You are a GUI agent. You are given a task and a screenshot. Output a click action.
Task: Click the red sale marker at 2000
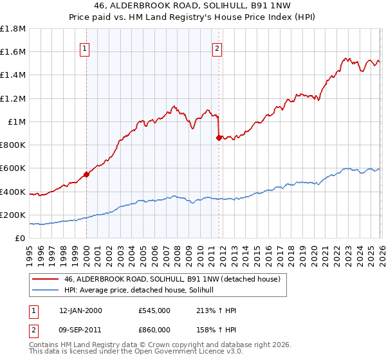86,174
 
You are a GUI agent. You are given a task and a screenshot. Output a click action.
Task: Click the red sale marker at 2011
219,138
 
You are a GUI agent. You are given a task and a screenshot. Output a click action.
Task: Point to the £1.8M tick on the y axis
13,29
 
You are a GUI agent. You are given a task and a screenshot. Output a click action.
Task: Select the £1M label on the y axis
17,122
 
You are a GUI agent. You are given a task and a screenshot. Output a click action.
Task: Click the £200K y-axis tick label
13,215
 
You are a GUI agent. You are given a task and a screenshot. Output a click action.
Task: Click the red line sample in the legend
45,280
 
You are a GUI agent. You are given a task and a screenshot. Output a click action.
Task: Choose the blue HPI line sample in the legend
45,291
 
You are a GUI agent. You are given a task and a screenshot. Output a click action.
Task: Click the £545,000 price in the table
154,310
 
